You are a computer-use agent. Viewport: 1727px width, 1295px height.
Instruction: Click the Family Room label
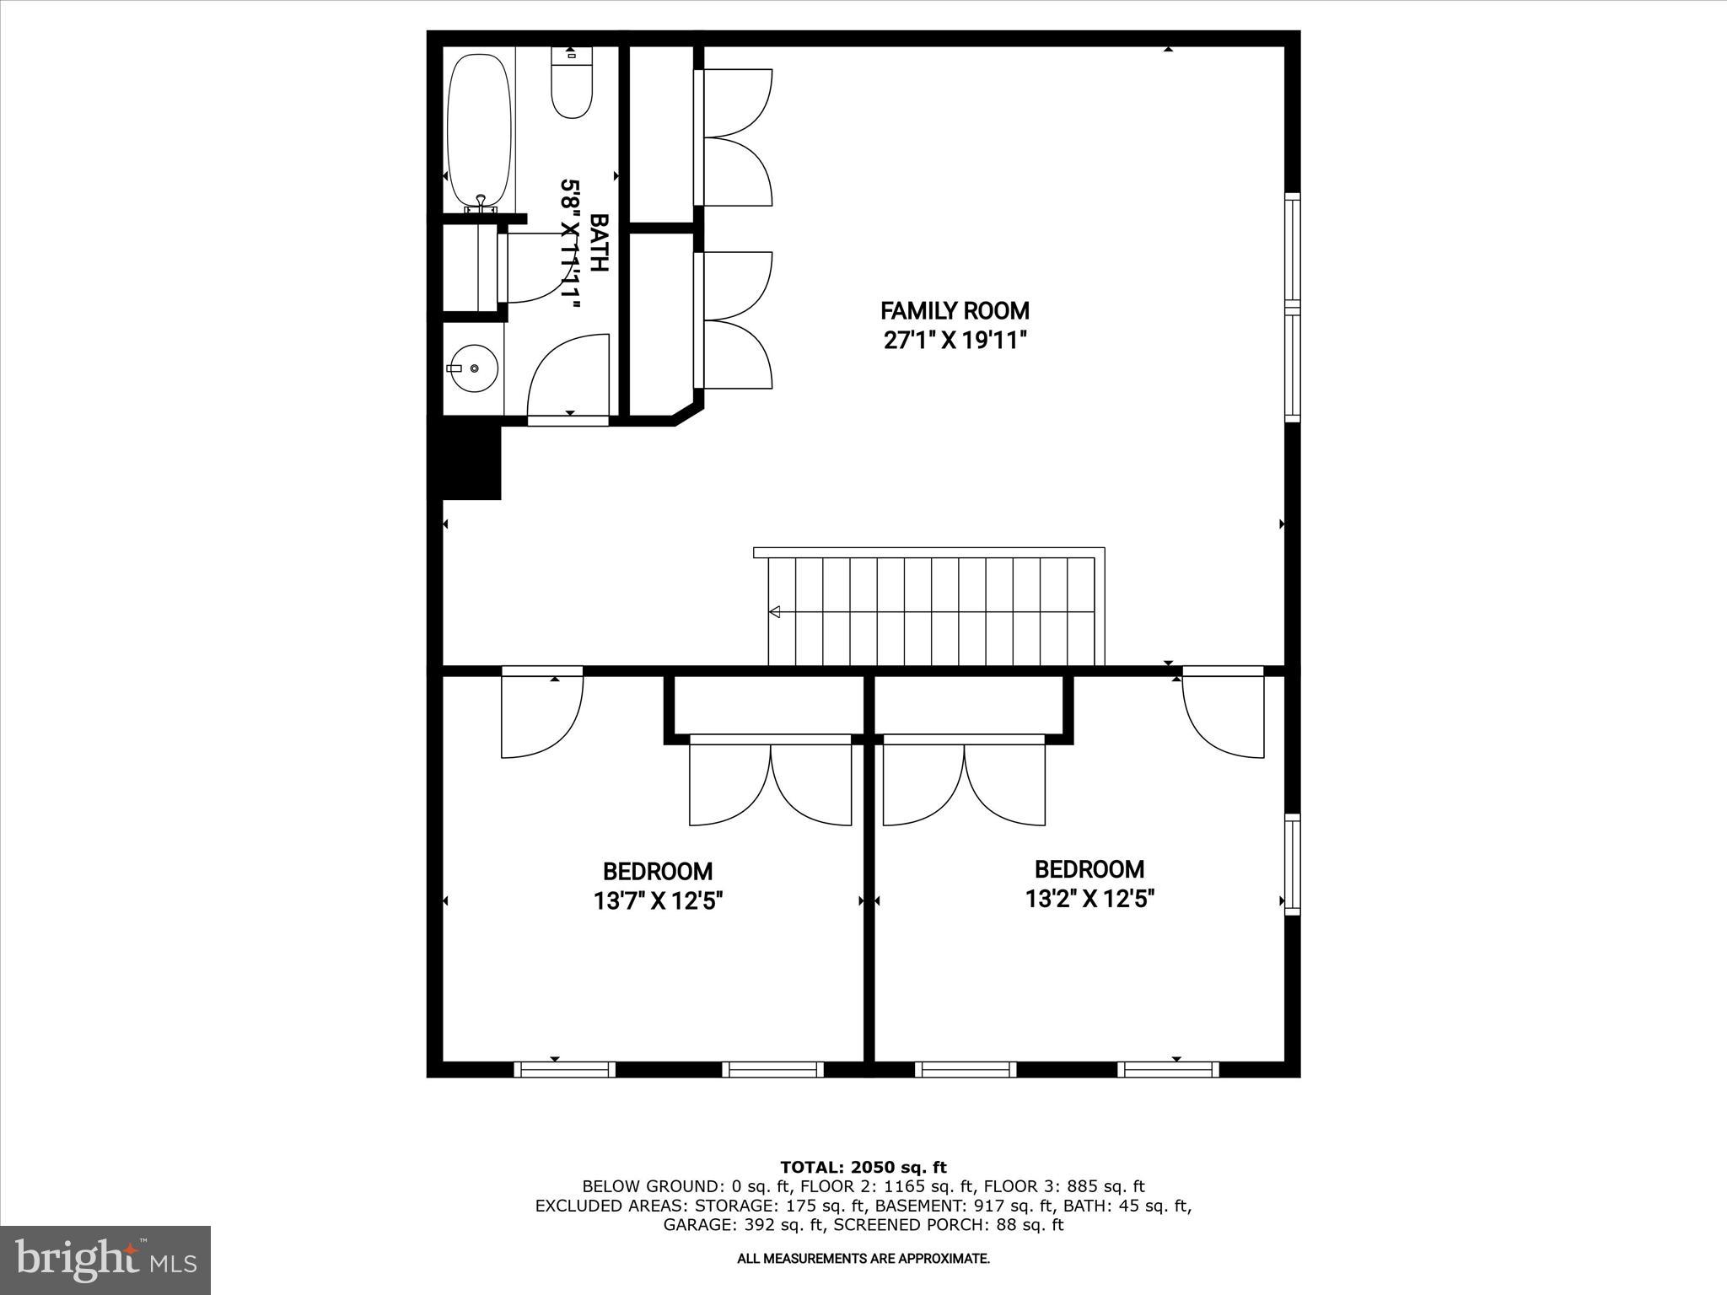pos(955,310)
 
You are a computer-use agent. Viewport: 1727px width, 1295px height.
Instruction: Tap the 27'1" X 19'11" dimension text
pos(955,341)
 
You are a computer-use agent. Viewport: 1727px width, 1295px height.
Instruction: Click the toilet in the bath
pos(572,89)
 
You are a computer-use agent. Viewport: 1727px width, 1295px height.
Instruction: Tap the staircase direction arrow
pos(774,611)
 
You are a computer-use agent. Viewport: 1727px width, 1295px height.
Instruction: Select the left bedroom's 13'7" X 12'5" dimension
pos(658,901)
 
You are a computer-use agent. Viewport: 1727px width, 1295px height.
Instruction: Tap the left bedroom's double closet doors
pos(770,784)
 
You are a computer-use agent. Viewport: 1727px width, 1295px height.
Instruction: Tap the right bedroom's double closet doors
pos(964,784)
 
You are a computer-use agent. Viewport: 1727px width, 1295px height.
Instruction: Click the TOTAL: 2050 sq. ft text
pos(863,1167)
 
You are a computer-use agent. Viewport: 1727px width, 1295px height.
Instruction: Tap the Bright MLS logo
pos(105,1260)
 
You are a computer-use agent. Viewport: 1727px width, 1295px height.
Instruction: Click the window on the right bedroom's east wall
pos(1292,864)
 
